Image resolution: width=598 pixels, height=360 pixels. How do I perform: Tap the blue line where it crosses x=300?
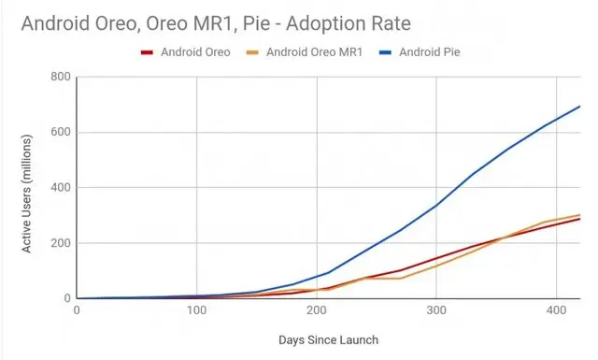pyautogui.click(x=435, y=205)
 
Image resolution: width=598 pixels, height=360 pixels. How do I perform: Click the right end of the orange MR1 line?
pyautogui.click(x=579, y=215)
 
